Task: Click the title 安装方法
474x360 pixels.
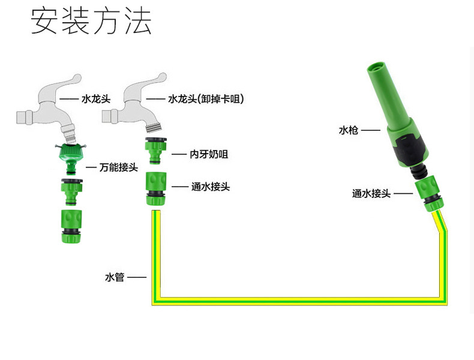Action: (91, 21)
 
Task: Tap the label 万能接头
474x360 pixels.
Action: (118, 167)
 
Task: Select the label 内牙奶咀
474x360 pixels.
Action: (209, 154)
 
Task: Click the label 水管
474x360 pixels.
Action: (115, 277)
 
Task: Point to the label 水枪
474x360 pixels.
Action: (348, 130)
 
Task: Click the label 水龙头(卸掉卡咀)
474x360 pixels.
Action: (206, 99)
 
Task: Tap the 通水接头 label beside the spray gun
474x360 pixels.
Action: (371, 193)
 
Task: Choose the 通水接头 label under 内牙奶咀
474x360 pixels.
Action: (211, 187)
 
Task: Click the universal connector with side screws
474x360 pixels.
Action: (71, 158)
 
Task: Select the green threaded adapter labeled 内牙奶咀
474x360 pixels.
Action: (155, 151)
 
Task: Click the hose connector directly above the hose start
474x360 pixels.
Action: (156, 188)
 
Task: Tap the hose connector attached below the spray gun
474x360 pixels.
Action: (429, 196)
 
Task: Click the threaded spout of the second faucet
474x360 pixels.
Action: (154, 127)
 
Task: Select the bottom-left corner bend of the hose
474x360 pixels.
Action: (155, 301)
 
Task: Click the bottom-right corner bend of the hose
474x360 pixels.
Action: (443, 301)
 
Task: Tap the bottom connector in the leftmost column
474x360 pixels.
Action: (71, 226)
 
